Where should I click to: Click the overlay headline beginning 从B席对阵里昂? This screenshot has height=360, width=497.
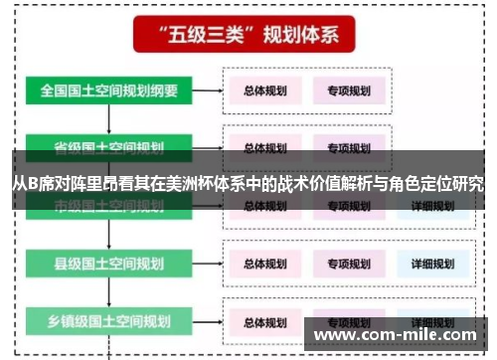click(248, 184)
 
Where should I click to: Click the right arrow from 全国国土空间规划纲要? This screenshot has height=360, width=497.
click(206, 90)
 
